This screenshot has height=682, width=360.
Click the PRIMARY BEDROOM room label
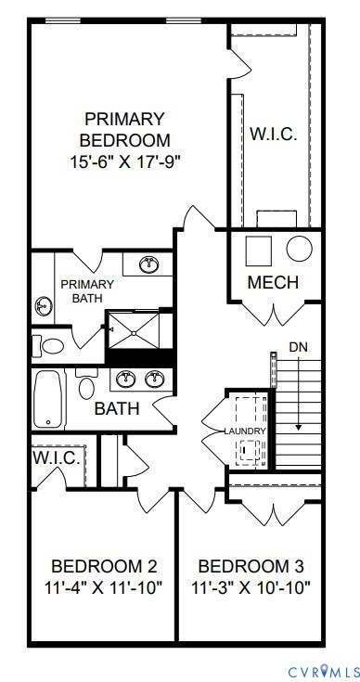tap(124, 130)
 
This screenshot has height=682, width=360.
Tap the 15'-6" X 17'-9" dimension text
tap(124, 161)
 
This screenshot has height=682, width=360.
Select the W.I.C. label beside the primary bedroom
tap(273, 135)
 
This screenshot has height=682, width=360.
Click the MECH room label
tap(273, 282)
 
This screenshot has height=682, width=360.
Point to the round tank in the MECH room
tap(300, 249)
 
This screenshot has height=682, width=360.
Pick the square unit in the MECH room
tap(257, 250)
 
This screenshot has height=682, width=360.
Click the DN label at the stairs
tap(298, 346)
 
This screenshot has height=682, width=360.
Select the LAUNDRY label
tap(245, 431)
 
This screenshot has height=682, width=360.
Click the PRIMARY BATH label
tap(87, 290)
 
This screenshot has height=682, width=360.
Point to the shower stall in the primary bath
tap(138, 327)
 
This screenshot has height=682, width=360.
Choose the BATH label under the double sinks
tap(117, 407)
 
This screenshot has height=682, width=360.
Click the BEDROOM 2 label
tap(104, 566)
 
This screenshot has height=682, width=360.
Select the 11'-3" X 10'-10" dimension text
tap(251, 587)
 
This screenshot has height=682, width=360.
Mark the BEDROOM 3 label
tap(251, 566)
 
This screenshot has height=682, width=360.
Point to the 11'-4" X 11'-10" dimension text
tap(104, 587)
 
